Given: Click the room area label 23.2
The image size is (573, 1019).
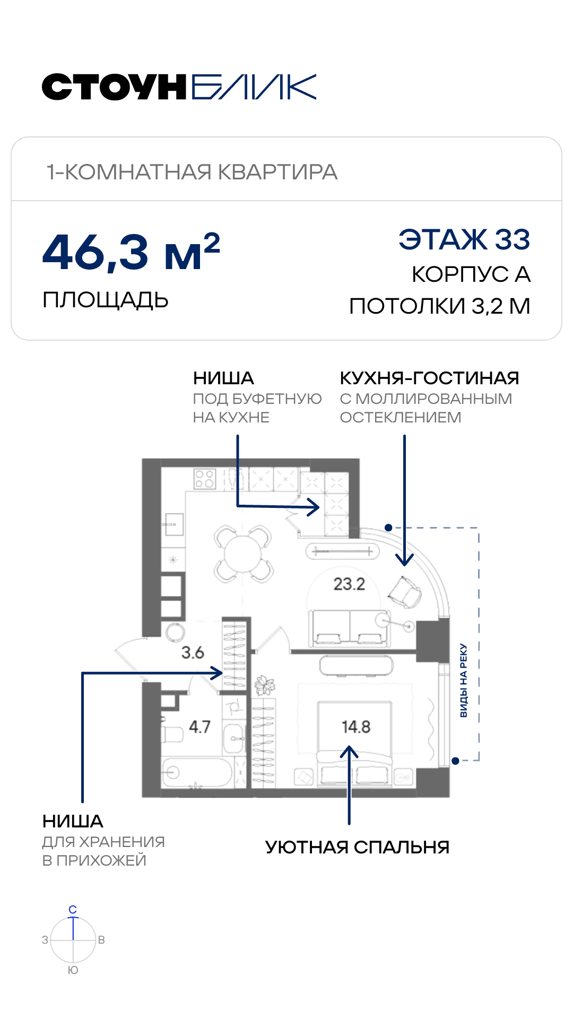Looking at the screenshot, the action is pos(349,584).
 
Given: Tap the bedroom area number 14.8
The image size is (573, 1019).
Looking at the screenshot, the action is pos(356,727).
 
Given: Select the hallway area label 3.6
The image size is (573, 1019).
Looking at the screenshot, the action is pos(193,652).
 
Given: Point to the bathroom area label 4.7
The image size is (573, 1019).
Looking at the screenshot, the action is pos(199,727).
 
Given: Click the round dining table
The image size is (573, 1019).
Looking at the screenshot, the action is pos(243,554).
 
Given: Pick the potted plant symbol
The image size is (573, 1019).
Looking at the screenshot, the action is pos(264,685).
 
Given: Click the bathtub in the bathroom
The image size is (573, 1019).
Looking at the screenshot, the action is pos(197,772).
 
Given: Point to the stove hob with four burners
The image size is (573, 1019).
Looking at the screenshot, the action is pos(205,479).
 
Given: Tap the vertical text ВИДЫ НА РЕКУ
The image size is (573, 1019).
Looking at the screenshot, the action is pos(464,680).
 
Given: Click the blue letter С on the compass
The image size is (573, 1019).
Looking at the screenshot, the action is pos(73,910).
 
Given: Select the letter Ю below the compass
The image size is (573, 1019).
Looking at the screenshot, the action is pos(73,970).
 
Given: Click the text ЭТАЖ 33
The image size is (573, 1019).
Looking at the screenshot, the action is pos(464,239).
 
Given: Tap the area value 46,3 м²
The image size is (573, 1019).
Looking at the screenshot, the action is pos(131,252).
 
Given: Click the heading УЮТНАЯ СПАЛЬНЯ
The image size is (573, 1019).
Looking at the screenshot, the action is pos(357,847).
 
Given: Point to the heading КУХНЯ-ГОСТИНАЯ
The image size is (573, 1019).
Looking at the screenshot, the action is pos(429,378).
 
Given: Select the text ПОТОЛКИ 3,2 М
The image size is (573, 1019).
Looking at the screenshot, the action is pos(440,306).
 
